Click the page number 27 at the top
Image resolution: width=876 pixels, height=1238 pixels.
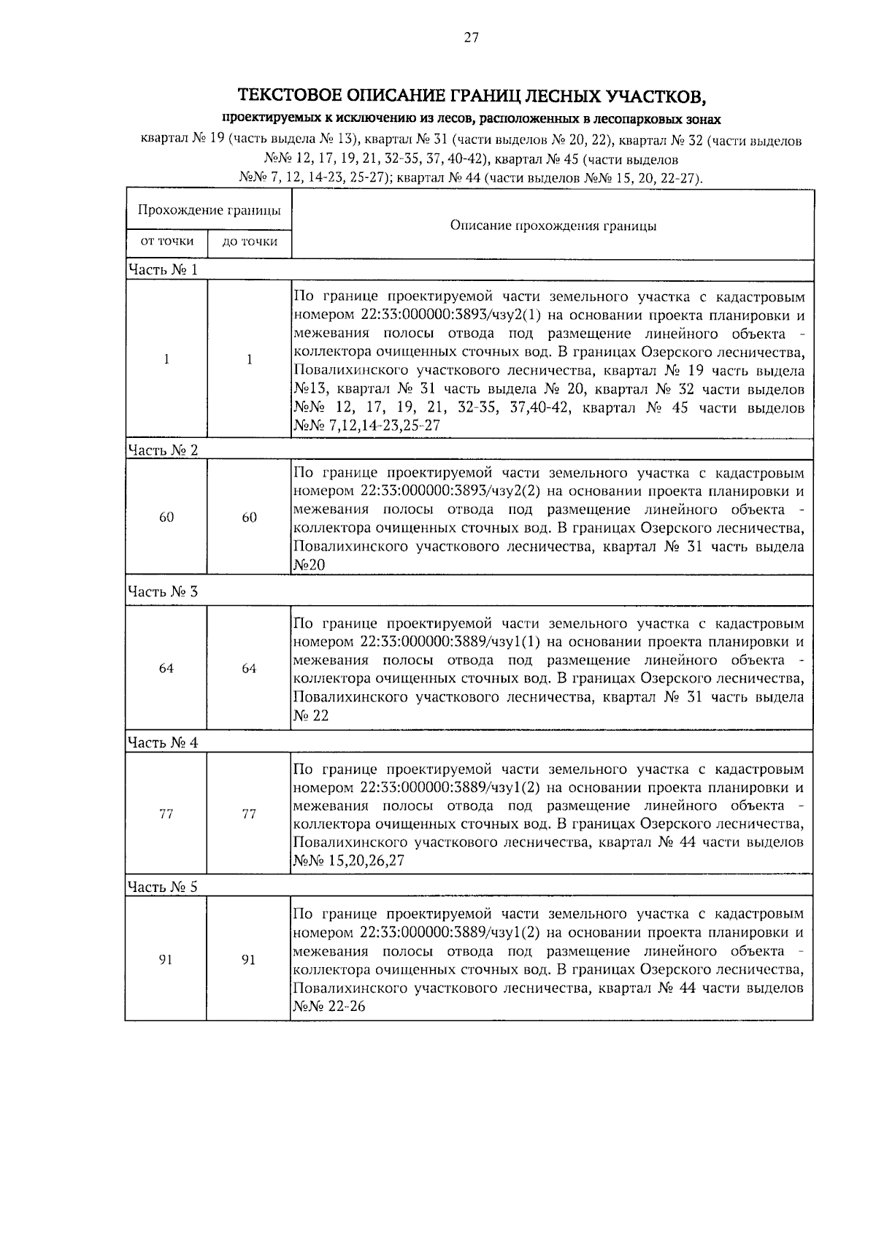(x=471, y=39)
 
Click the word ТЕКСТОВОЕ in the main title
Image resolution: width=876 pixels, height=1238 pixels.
(x=290, y=96)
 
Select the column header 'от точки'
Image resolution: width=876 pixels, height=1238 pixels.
(x=167, y=241)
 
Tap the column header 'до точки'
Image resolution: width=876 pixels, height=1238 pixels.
(x=250, y=242)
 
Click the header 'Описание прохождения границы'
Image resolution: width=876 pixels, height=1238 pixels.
(x=553, y=226)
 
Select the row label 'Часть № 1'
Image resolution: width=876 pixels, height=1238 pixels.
(x=163, y=270)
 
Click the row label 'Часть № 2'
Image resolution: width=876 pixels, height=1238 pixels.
(x=163, y=450)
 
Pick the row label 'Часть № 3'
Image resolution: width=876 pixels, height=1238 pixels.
(x=163, y=591)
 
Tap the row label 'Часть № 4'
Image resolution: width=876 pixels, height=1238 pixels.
(x=163, y=743)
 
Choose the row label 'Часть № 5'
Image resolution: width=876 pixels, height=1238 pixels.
(x=163, y=887)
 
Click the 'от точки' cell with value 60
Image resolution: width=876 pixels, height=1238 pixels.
(x=166, y=518)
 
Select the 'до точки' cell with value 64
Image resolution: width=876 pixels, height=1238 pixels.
(x=250, y=669)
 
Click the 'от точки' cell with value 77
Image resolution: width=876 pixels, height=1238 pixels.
(x=166, y=814)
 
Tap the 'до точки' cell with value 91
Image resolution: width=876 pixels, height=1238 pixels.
(x=250, y=960)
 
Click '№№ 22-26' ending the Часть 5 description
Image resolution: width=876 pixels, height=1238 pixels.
(x=329, y=1007)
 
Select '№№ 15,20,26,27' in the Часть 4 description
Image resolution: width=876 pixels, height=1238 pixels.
(x=348, y=861)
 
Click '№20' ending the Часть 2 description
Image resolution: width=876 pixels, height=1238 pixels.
(x=310, y=565)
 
